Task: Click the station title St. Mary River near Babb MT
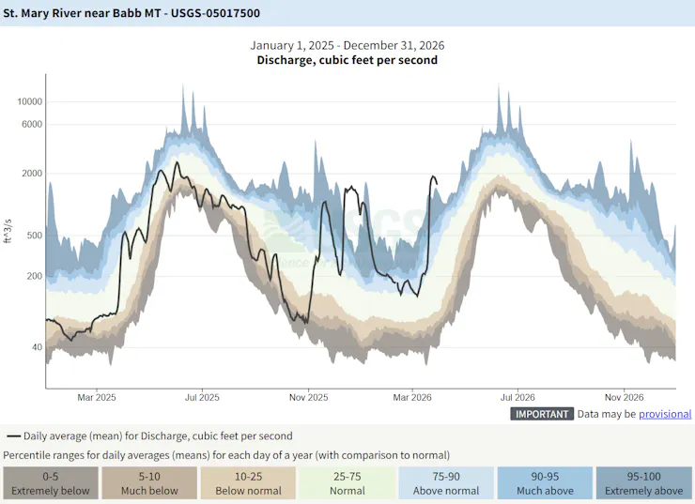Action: click(132, 13)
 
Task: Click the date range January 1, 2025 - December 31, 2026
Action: click(347, 45)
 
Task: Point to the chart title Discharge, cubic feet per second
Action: click(347, 60)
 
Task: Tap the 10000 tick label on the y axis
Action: click(30, 101)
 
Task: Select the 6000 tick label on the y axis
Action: click(33, 124)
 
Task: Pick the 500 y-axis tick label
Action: click(35, 235)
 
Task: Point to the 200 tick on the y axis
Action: click(35, 276)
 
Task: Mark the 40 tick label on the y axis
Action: click(38, 347)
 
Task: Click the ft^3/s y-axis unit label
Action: click(8, 228)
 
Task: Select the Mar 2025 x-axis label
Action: click(97, 398)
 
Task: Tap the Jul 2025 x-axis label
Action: click(202, 398)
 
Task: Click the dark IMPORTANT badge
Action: click(542, 414)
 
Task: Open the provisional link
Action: click(665, 414)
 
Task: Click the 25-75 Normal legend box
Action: click(347, 483)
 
